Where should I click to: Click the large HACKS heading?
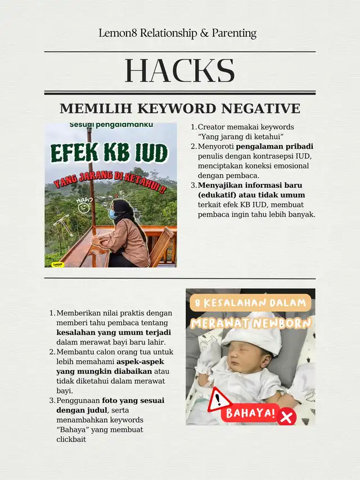click(x=179, y=71)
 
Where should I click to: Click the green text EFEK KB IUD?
click(x=110, y=152)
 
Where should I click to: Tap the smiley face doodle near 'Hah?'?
click(x=84, y=208)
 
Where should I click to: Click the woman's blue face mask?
click(x=112, y=214)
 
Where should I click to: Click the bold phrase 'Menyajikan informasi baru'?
click(x=250, y=185)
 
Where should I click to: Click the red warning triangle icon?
click(x=219, y=400)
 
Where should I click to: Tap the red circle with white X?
click(x=287, y=417)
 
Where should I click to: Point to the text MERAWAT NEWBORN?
click(x=250, y=324)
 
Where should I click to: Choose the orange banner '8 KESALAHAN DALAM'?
click(x=250, y=303)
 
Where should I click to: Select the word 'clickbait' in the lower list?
click(x=71, y=439)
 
